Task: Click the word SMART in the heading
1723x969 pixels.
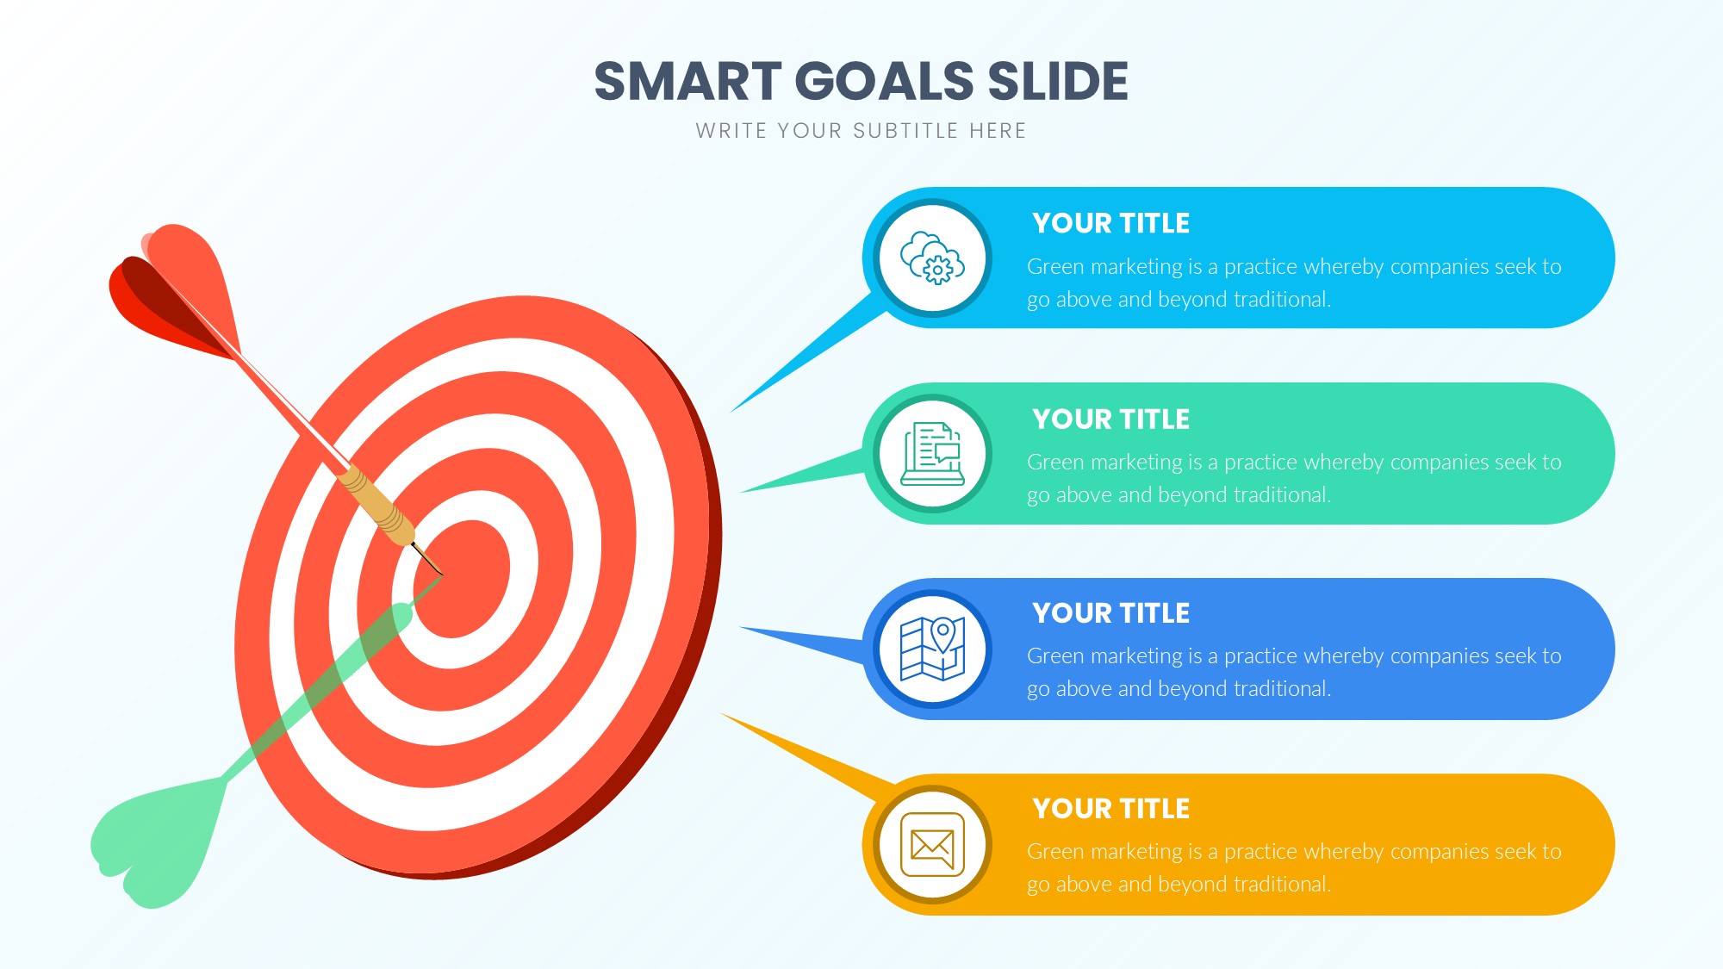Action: point(687,81)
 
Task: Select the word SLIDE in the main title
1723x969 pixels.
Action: point(1058,81)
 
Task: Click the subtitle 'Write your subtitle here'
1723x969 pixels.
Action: point(861,131)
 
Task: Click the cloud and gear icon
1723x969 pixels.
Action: point(932,258)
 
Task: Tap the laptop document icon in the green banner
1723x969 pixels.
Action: point(932,454)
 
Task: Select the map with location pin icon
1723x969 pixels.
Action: point(932,649)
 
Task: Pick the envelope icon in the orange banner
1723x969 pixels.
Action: point(932,844)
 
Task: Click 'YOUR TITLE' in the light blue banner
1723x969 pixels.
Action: point(1110,223)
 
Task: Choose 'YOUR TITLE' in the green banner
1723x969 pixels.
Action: point(1110,419)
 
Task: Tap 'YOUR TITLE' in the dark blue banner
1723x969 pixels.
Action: point(1110,612)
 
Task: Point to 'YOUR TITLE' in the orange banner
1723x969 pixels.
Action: point(1110,808)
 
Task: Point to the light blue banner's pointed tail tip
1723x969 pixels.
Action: point(731,412)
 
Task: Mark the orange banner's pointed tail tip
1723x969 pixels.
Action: point(722,714)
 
